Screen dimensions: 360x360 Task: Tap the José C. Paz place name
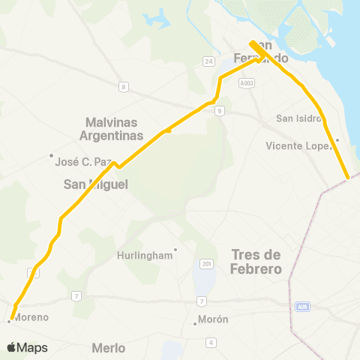84,161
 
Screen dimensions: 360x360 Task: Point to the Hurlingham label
145,255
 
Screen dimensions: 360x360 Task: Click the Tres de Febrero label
256,261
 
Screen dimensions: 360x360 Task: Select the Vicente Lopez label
298,145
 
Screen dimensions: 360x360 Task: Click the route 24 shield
208,61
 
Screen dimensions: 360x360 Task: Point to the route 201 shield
206,264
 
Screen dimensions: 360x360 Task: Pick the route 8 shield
123,87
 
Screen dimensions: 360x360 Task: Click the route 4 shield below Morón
211,342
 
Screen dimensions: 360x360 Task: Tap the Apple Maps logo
27,347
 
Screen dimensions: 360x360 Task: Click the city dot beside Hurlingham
175,250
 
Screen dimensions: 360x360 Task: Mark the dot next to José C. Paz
51,156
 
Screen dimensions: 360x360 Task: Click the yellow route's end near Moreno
13,316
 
